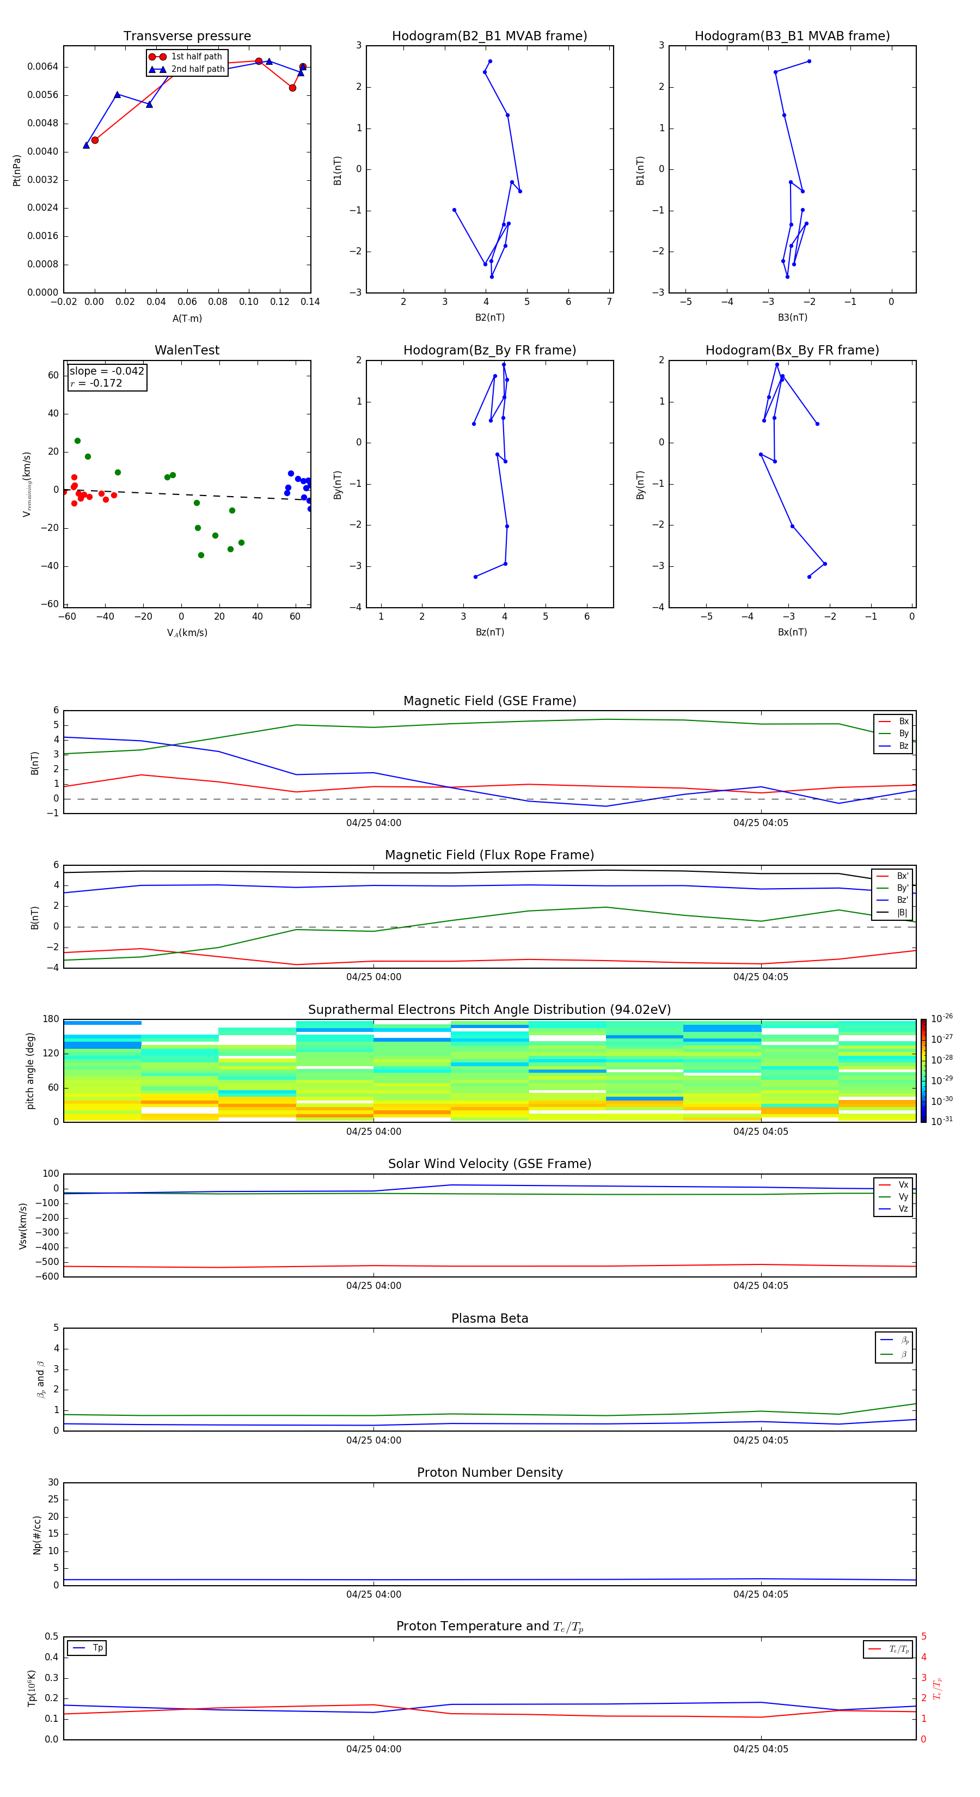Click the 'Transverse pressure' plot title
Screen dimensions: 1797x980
(187, 36)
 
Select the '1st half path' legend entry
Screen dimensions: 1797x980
(196, 57)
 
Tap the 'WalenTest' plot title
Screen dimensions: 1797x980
(187, 350)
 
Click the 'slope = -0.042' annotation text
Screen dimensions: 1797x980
(107, 371)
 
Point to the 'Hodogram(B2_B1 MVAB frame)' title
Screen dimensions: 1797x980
(489, 36)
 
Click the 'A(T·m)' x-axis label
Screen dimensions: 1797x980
(187, 319)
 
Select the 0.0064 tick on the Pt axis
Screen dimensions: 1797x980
(42, 67)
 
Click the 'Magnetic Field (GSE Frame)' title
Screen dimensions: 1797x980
(489, 701)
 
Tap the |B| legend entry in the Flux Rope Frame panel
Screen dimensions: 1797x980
(901, 913)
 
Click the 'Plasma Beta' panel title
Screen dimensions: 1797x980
(489, 1318)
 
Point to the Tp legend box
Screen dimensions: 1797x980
(87, 1648)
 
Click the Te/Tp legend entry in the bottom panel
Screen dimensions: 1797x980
(898, 1649)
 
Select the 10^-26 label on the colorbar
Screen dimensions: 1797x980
(942, 1018)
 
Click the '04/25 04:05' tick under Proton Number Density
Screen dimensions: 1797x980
(760, 1594)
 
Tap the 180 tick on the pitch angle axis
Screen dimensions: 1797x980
(51, 1019)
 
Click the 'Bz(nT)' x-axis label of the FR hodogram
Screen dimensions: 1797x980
(489, 633)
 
